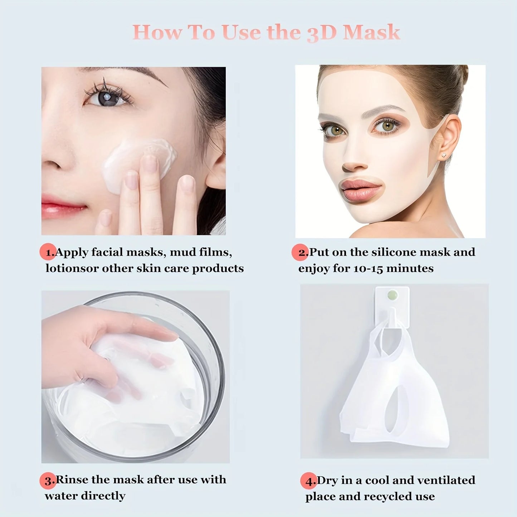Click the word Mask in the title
click(371, 33)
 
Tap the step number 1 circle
click(48, 252)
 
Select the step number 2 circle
click(300, 252)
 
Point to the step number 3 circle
click(48, 480)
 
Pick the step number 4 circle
click(308, 481)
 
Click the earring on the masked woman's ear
click(444, 155)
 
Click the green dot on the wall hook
click(392, 295)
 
